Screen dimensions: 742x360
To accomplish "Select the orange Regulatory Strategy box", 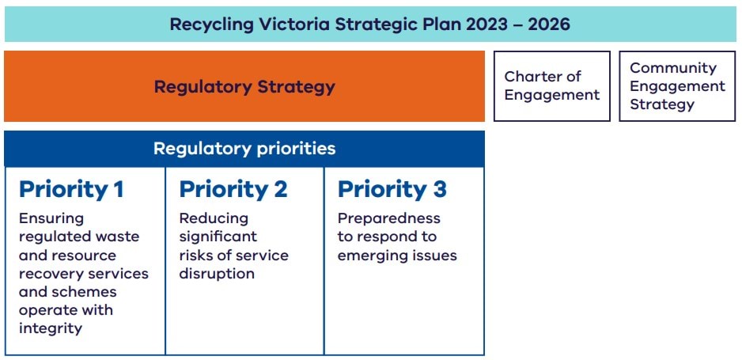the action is pyautogui.click(x=244, y=86).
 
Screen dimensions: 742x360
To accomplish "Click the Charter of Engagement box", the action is pyautogui.click(x=552, y=86).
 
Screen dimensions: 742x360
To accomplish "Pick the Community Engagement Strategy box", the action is pyautogui.click(x=678, y=86).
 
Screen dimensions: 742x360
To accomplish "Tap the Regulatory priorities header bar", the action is pyautogui.click(x=244, y=149).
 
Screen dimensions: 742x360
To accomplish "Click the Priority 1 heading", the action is pyautogui.click(x=71, y=190).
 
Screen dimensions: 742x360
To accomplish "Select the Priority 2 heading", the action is pyautogui.click(x=233, y=190).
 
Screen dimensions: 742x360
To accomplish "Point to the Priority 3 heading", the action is pyautogui.click(x=392, y=190).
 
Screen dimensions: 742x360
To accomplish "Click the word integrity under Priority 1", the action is pyautogui.click(x=51, y=328).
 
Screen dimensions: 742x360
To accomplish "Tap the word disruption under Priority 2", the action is pyautogui.click(x=217, y=274).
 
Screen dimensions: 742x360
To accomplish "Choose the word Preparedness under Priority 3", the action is pyautogui.click(x=389, y=218).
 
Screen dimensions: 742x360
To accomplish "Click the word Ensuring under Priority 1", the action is pyautogui.click(x=51, y=219).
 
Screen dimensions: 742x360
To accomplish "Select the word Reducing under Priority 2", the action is pyautogui.click(x=214, y=219).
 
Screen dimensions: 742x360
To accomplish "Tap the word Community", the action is pyautogui.click(x=673, y=68).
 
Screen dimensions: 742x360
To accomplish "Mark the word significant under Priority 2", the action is pyautogui.click(x=218, y=237).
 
